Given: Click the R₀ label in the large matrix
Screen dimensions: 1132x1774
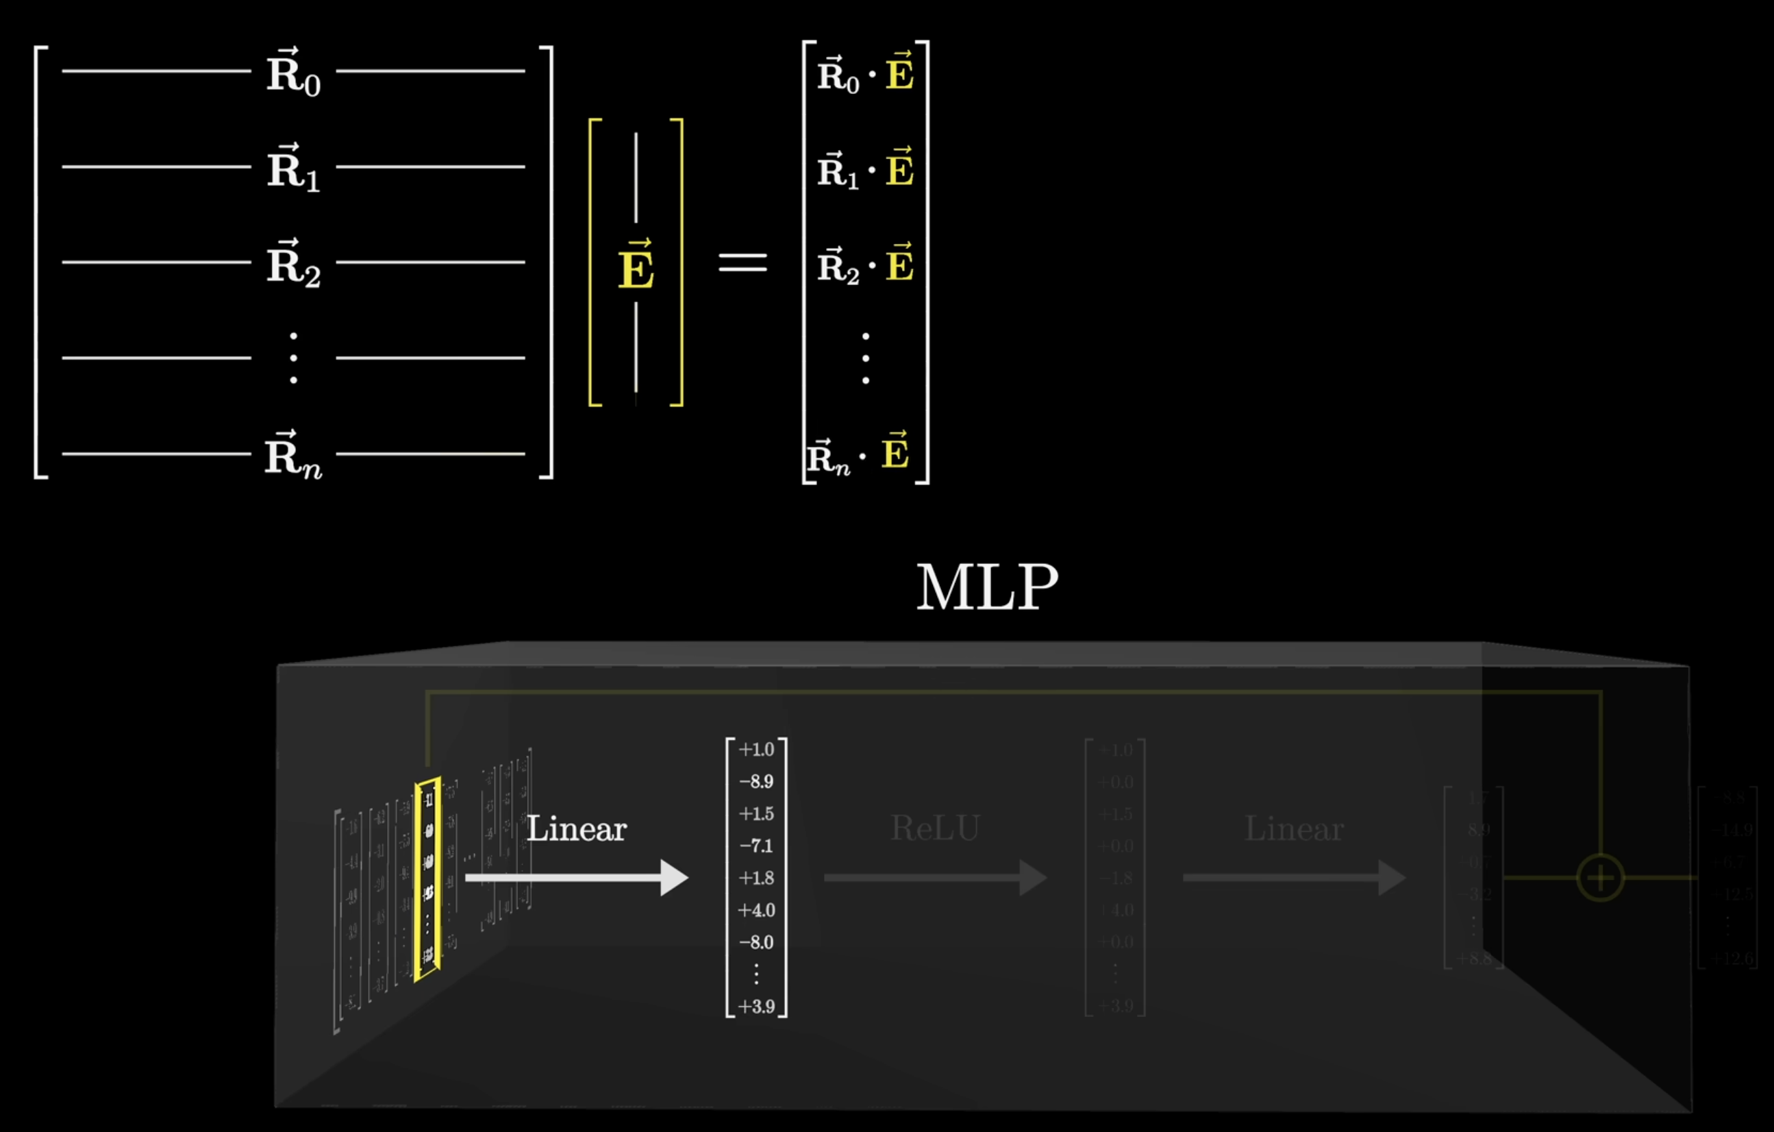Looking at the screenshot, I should pyautogui.click(x=293, y=74).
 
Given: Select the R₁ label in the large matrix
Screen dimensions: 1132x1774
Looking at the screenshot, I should pyautogui.click(x=293, y=169).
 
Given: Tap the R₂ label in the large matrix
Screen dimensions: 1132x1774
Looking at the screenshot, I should pyautogui.click(x=293, y=264).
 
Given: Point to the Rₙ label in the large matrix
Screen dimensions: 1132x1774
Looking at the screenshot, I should pyautogui.click(x=293, y=456).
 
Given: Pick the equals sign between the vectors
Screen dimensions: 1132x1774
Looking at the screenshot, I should pyautogui.click(x=742, y=263).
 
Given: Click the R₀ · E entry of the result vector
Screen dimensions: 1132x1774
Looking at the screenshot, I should pyautogui.click(x=865, y=74).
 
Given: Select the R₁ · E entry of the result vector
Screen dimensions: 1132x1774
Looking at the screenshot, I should pyautogui.click(x=865, y=169).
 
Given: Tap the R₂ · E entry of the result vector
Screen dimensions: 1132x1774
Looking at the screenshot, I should pyautogui.click(x=865, y=264).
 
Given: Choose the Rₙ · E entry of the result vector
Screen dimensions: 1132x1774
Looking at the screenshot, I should pyautogui.click(x=859, y=455).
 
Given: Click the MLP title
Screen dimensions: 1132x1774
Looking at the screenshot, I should pyautogui.click(x=986, y=587).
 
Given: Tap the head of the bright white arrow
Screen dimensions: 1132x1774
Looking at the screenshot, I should pyautogui.click(x=673, y=878).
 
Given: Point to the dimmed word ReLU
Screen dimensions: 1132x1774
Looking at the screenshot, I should pyautogui.click(x=935, y=828).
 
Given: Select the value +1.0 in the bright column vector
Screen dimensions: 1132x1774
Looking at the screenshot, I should pyautogui.click(x=757, y=750).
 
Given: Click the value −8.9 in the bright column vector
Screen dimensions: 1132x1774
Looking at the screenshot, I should pyautogui.click(x=757, y=781).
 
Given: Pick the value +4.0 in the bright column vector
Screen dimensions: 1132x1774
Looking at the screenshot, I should pyautogui.click(x=757, y=910).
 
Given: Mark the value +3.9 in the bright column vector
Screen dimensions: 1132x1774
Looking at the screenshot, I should pyautogui.click(x=757, y=1007).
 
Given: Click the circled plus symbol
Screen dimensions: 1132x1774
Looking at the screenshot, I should pyautogui.click(x=1600, y=878).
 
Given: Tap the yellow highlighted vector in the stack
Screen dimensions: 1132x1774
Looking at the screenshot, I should pyautogui.click(x=428, y=878).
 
